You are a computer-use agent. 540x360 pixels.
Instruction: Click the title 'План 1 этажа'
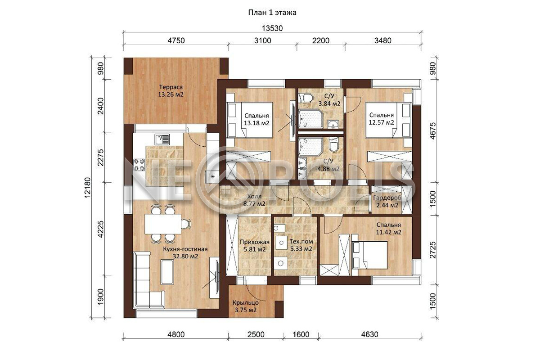click(x=272, y=13)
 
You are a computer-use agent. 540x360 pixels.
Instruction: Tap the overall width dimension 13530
click(x=272, y=28)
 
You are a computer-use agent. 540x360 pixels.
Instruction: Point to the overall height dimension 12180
click(x=87, y=188)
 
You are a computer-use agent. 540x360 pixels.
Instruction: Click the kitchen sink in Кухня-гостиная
click(x=162, y=139)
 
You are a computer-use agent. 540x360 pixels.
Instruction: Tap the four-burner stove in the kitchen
click(x=139, y=164)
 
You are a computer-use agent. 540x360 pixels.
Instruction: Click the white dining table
click(x=163, y=224)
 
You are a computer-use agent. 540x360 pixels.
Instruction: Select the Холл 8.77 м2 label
click(x=254, y=200)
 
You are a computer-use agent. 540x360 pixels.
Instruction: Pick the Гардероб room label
click(x=387, y=198)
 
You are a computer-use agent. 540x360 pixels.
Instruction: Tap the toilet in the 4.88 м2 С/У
click(x=334, y=145)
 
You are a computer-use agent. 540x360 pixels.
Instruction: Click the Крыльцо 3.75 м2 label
click(x=246, y=306)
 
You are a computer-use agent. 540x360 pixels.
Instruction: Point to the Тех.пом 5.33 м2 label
click(x=301, y=245)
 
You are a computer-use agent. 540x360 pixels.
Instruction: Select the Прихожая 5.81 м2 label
click(x=255, y=245)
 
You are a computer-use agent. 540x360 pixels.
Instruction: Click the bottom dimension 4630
click(x=370, y=334)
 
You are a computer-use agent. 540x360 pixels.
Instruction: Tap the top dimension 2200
click(x=321, y=40)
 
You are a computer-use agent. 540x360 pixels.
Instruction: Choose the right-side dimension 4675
click(x=433, y=131)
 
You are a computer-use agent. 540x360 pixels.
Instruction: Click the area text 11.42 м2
click(x=389, y=232)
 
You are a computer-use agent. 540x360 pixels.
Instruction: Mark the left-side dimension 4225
click(x=100, y=229)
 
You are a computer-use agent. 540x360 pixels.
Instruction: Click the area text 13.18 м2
click(x=256, y=123)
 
